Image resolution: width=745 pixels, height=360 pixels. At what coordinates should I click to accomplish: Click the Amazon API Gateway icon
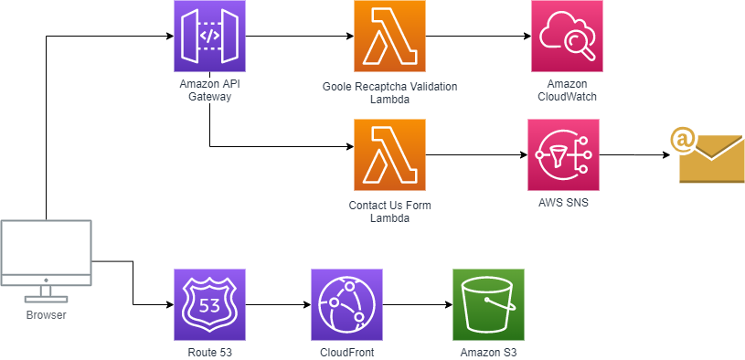point(209,37)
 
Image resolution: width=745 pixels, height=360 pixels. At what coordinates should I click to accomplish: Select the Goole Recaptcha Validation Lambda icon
point(389,37)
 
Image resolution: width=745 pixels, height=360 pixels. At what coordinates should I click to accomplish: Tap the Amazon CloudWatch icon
point(567,37)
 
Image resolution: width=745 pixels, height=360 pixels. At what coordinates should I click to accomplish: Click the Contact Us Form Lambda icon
point(389,154)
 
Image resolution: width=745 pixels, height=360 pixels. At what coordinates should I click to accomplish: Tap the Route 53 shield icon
point(209,304)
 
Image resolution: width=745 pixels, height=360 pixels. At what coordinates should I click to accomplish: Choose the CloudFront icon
point(346,304)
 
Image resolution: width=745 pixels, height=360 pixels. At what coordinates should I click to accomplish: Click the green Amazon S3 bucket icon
point(488,304)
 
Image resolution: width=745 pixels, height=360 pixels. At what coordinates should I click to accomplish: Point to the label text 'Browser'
point(46,316)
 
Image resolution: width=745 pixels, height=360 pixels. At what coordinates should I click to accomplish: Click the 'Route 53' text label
point(209,352)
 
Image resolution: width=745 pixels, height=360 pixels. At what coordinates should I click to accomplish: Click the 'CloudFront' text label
point(346,352)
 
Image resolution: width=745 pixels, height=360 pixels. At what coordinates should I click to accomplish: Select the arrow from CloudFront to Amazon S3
point(417,304)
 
